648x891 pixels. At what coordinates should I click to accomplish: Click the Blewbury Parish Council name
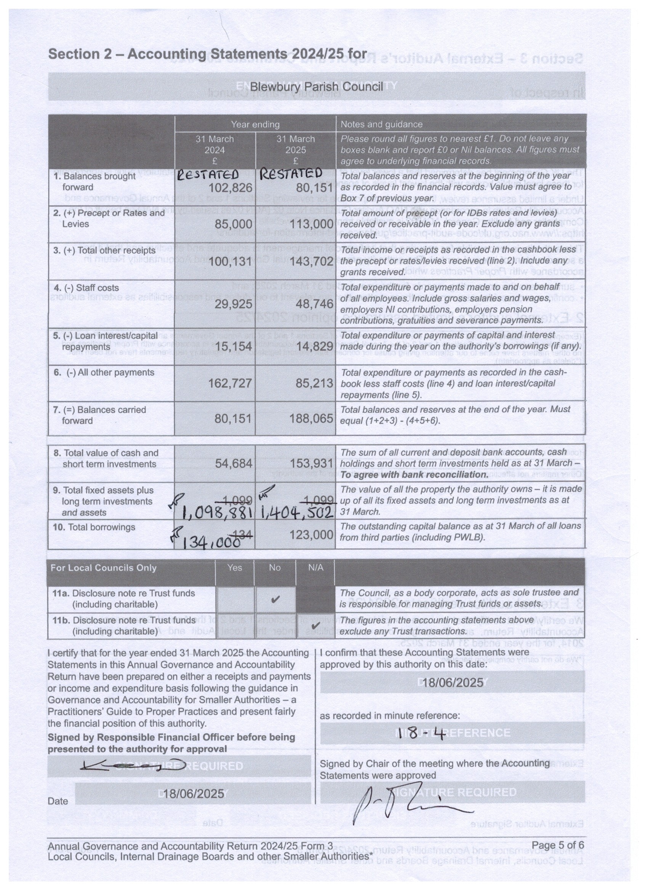coord(316,87)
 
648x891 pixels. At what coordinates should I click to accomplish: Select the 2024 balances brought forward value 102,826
coord(230,188)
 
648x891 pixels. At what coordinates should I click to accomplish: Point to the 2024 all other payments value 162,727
coord(230,383)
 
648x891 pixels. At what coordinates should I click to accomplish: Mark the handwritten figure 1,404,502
coord(297,513)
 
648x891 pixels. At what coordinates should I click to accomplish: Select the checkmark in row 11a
coord(276,599)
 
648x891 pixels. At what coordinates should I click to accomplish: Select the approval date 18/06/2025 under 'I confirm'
coord(453,683)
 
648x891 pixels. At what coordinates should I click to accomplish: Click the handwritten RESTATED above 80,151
coord(291,173)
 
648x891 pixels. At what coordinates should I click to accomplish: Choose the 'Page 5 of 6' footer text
coord(557,845)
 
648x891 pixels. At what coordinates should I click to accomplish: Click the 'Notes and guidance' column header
coord(381,125)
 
